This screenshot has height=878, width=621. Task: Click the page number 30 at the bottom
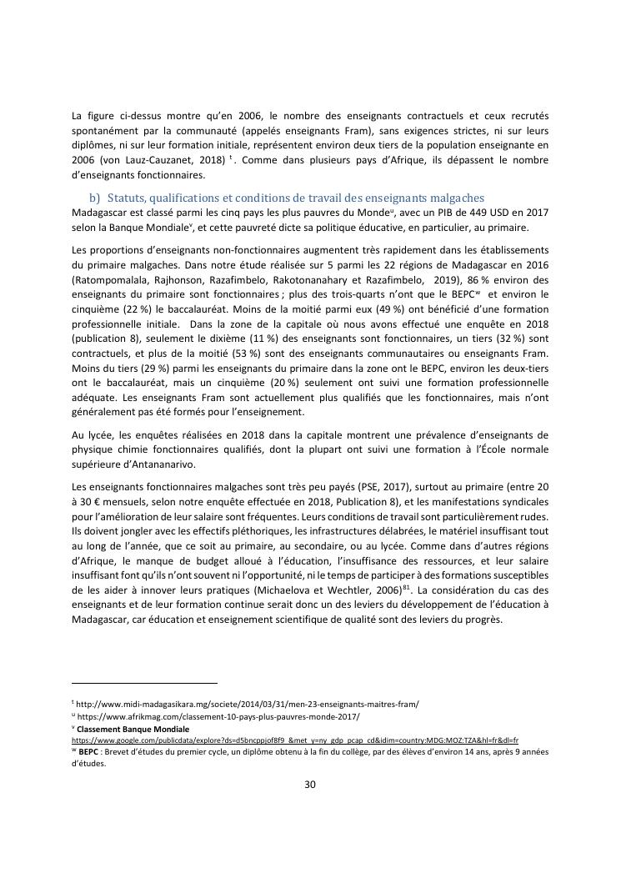tap(310, 784)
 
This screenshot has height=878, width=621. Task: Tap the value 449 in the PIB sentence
tap(441, 213)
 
